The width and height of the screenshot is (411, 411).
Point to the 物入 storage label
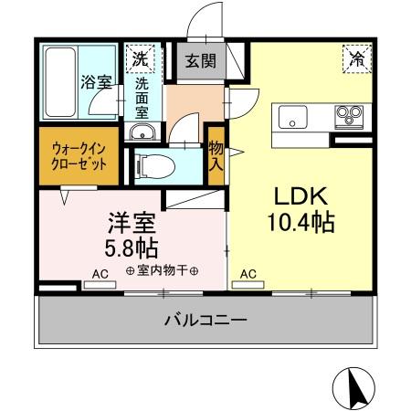pos(216,155)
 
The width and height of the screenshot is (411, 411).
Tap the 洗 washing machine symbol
pos(141,58)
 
